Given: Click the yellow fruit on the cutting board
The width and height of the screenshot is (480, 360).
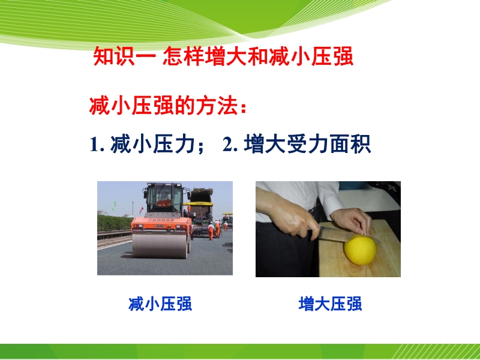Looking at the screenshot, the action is click(360, 250).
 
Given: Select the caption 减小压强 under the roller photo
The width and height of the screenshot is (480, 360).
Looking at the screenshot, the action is click(160, 304).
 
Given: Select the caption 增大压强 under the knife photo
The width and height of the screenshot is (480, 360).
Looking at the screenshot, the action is click(331, 304).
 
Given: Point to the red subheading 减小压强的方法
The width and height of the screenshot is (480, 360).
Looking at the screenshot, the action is click(164, 106).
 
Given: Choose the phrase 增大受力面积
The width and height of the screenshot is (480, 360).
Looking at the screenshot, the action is click(308, 144).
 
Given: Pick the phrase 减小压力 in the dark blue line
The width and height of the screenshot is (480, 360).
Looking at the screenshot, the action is click(152, 144).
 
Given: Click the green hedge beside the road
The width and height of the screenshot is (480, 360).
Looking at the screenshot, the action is click(114, 223).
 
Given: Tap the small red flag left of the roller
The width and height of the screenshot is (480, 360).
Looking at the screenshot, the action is click(141, 211).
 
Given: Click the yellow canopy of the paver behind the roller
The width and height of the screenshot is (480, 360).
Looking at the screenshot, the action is click(198, 203).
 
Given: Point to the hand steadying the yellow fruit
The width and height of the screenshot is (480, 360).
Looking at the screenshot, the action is click(352, 221).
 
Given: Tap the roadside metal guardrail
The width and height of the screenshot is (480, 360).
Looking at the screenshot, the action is click(114, 234).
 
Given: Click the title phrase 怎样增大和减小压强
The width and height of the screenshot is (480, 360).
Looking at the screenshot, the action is click(258, 56).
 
